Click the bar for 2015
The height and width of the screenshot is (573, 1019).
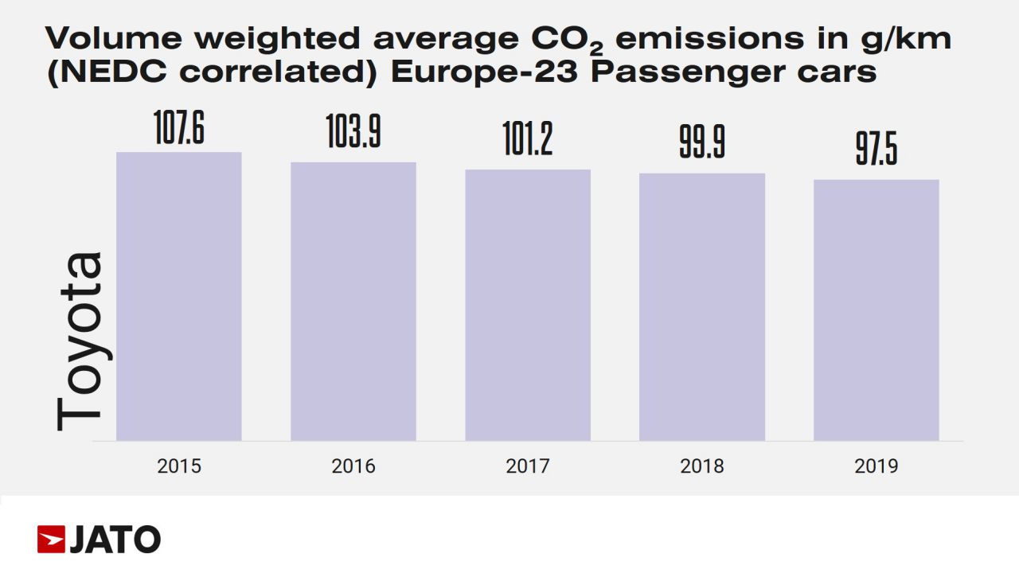pyautogui.click(x=179, y=296)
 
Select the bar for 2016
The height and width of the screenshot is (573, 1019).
pyautogui.click(x=353, y=301)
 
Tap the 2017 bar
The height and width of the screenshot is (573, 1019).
pyautogui.click(x=528, y=305)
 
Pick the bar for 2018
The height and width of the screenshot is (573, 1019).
pyautogui.click(x=702, y=306)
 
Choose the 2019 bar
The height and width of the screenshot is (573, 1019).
pyautogui.click(x=876, y=310)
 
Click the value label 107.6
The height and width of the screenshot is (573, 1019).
pyautogui.click(x=179, y=129)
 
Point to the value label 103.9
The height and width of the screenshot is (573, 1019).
pyautogui.click(x=353, y=132)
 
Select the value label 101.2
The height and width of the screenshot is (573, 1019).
pyautogui.click(x=528, y=139)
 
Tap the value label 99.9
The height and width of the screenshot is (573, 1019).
pyautogui.click(x=702, y=143)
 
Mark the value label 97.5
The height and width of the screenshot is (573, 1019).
pyautogui.click(x=876, y=150)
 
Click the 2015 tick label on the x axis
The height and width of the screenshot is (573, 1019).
pyautogui.click(x=179, y=466)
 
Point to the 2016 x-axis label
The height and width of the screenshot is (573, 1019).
pyautogui.click(x=353, y=466)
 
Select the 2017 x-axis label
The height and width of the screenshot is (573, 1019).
pyautogui.click(x=528, y=466)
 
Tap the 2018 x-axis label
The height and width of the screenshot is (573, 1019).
pyautogui.click(x=702, y=466)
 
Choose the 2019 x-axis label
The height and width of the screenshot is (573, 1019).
pyautogui.click(x=876, y=466)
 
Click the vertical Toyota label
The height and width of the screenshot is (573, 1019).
pyautogui.click(x=80, y=342)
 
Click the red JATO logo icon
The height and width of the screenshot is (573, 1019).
pyautogui.click(x=51, y=539)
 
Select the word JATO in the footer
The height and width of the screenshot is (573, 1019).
pyautogui.click(x=115, y=540)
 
